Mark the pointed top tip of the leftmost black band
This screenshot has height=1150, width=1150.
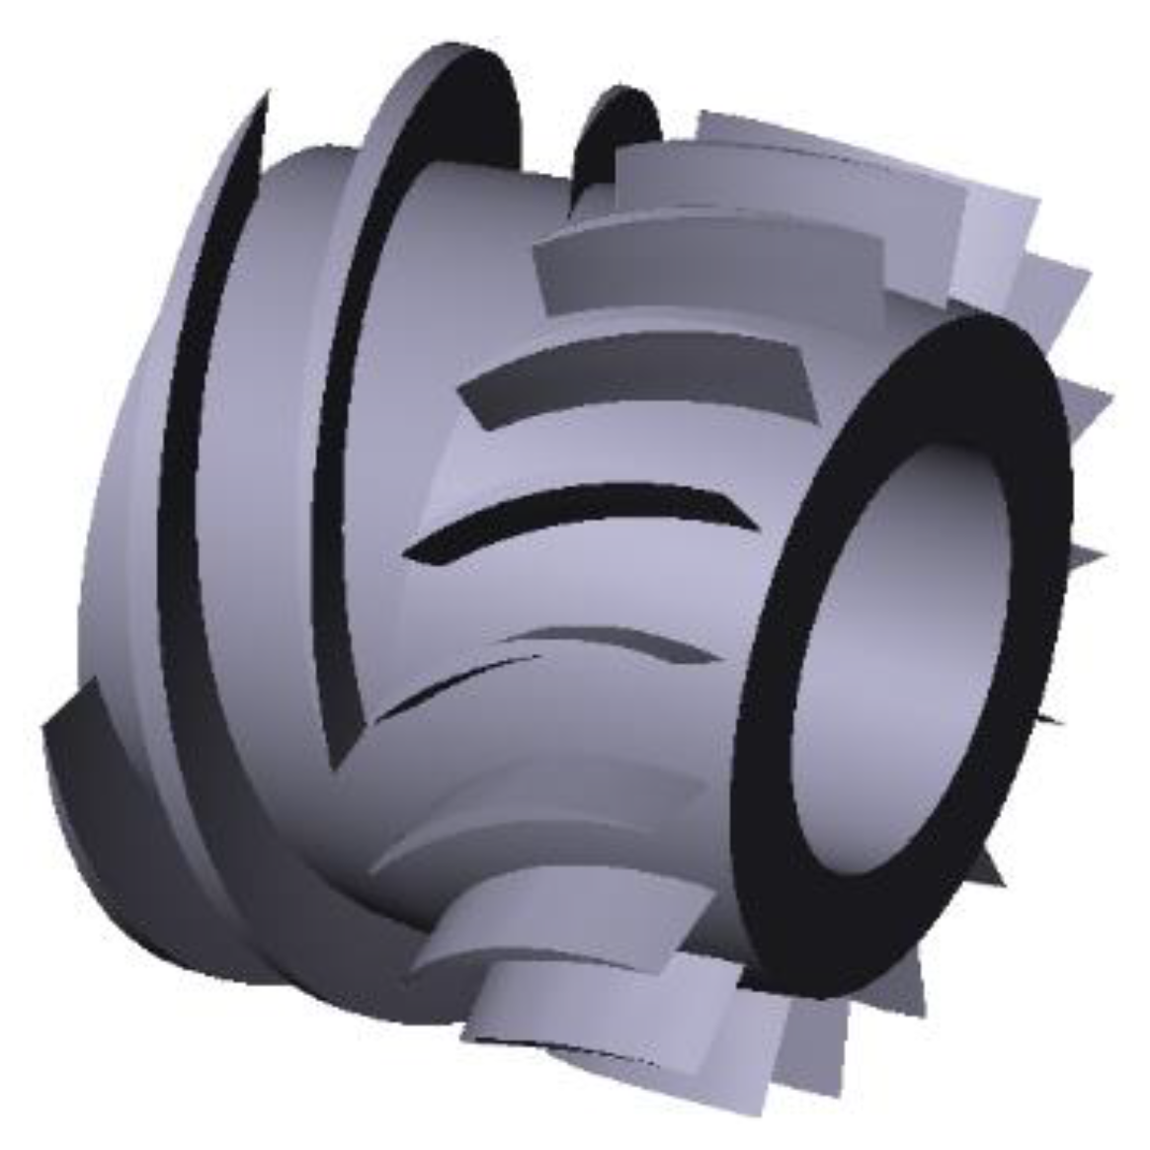coord(265,99)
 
